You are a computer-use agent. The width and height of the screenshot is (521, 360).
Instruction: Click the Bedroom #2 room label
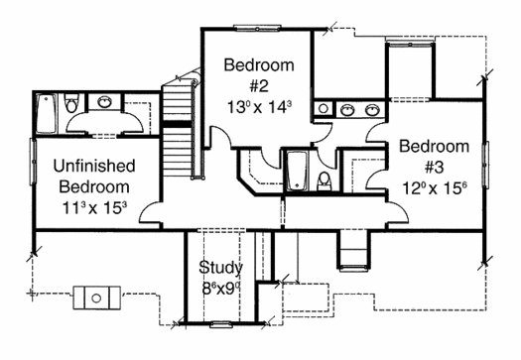coord(259,75)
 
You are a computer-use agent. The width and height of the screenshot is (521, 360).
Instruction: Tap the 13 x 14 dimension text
coord(259,107)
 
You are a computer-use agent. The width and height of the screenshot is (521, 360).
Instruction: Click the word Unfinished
coord(94,166)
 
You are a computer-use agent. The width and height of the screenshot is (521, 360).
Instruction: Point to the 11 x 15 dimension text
coord(94,208)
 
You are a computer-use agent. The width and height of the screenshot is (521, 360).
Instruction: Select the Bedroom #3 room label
coord(435,157)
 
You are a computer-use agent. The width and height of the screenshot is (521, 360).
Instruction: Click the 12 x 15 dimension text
coord(435,188)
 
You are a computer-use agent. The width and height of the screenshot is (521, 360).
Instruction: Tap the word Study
coord(221,268)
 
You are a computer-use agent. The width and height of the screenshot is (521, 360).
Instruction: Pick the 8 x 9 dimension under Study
coord(221,289)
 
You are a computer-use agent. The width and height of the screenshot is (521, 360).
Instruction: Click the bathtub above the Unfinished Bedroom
coord(47,114)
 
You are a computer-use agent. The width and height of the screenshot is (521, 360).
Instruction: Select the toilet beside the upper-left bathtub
coord(71,103)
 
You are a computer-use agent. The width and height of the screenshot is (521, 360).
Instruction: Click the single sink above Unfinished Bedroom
coord(104,101)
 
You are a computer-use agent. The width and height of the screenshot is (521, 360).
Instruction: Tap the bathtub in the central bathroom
coord(297,171)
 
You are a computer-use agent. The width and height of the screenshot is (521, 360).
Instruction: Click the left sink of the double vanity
coord(347,110)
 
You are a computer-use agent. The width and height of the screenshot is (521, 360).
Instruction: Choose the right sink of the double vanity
coord(372,110)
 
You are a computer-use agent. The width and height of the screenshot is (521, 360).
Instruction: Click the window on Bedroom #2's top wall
coord(257,29)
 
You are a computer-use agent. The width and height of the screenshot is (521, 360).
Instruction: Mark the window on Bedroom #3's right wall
coord(485,165)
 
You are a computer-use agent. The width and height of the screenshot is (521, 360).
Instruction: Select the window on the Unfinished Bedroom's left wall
coord(33,162)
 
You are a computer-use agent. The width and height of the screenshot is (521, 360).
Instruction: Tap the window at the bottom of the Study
coord(221,324)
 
